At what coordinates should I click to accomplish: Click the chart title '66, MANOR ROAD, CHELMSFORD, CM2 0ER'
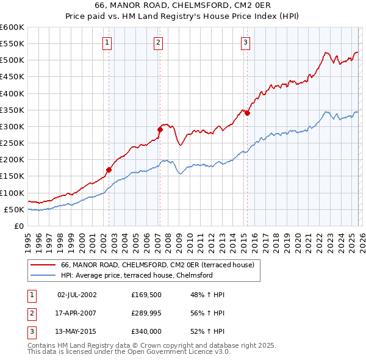click(182, 5)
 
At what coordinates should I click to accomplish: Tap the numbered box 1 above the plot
click(107, 42)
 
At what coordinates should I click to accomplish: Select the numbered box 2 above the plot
click(158, 42)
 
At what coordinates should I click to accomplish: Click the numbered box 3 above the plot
click(245, 42)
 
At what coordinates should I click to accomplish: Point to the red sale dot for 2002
click(109, 170)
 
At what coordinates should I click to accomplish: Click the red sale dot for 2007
click(160, 129)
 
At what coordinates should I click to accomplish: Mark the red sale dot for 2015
click(248, 113)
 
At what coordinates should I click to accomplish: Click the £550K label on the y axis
click(12, 44)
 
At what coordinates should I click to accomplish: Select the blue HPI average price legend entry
click(136, 275)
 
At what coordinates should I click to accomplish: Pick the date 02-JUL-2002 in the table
click(77, 295)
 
